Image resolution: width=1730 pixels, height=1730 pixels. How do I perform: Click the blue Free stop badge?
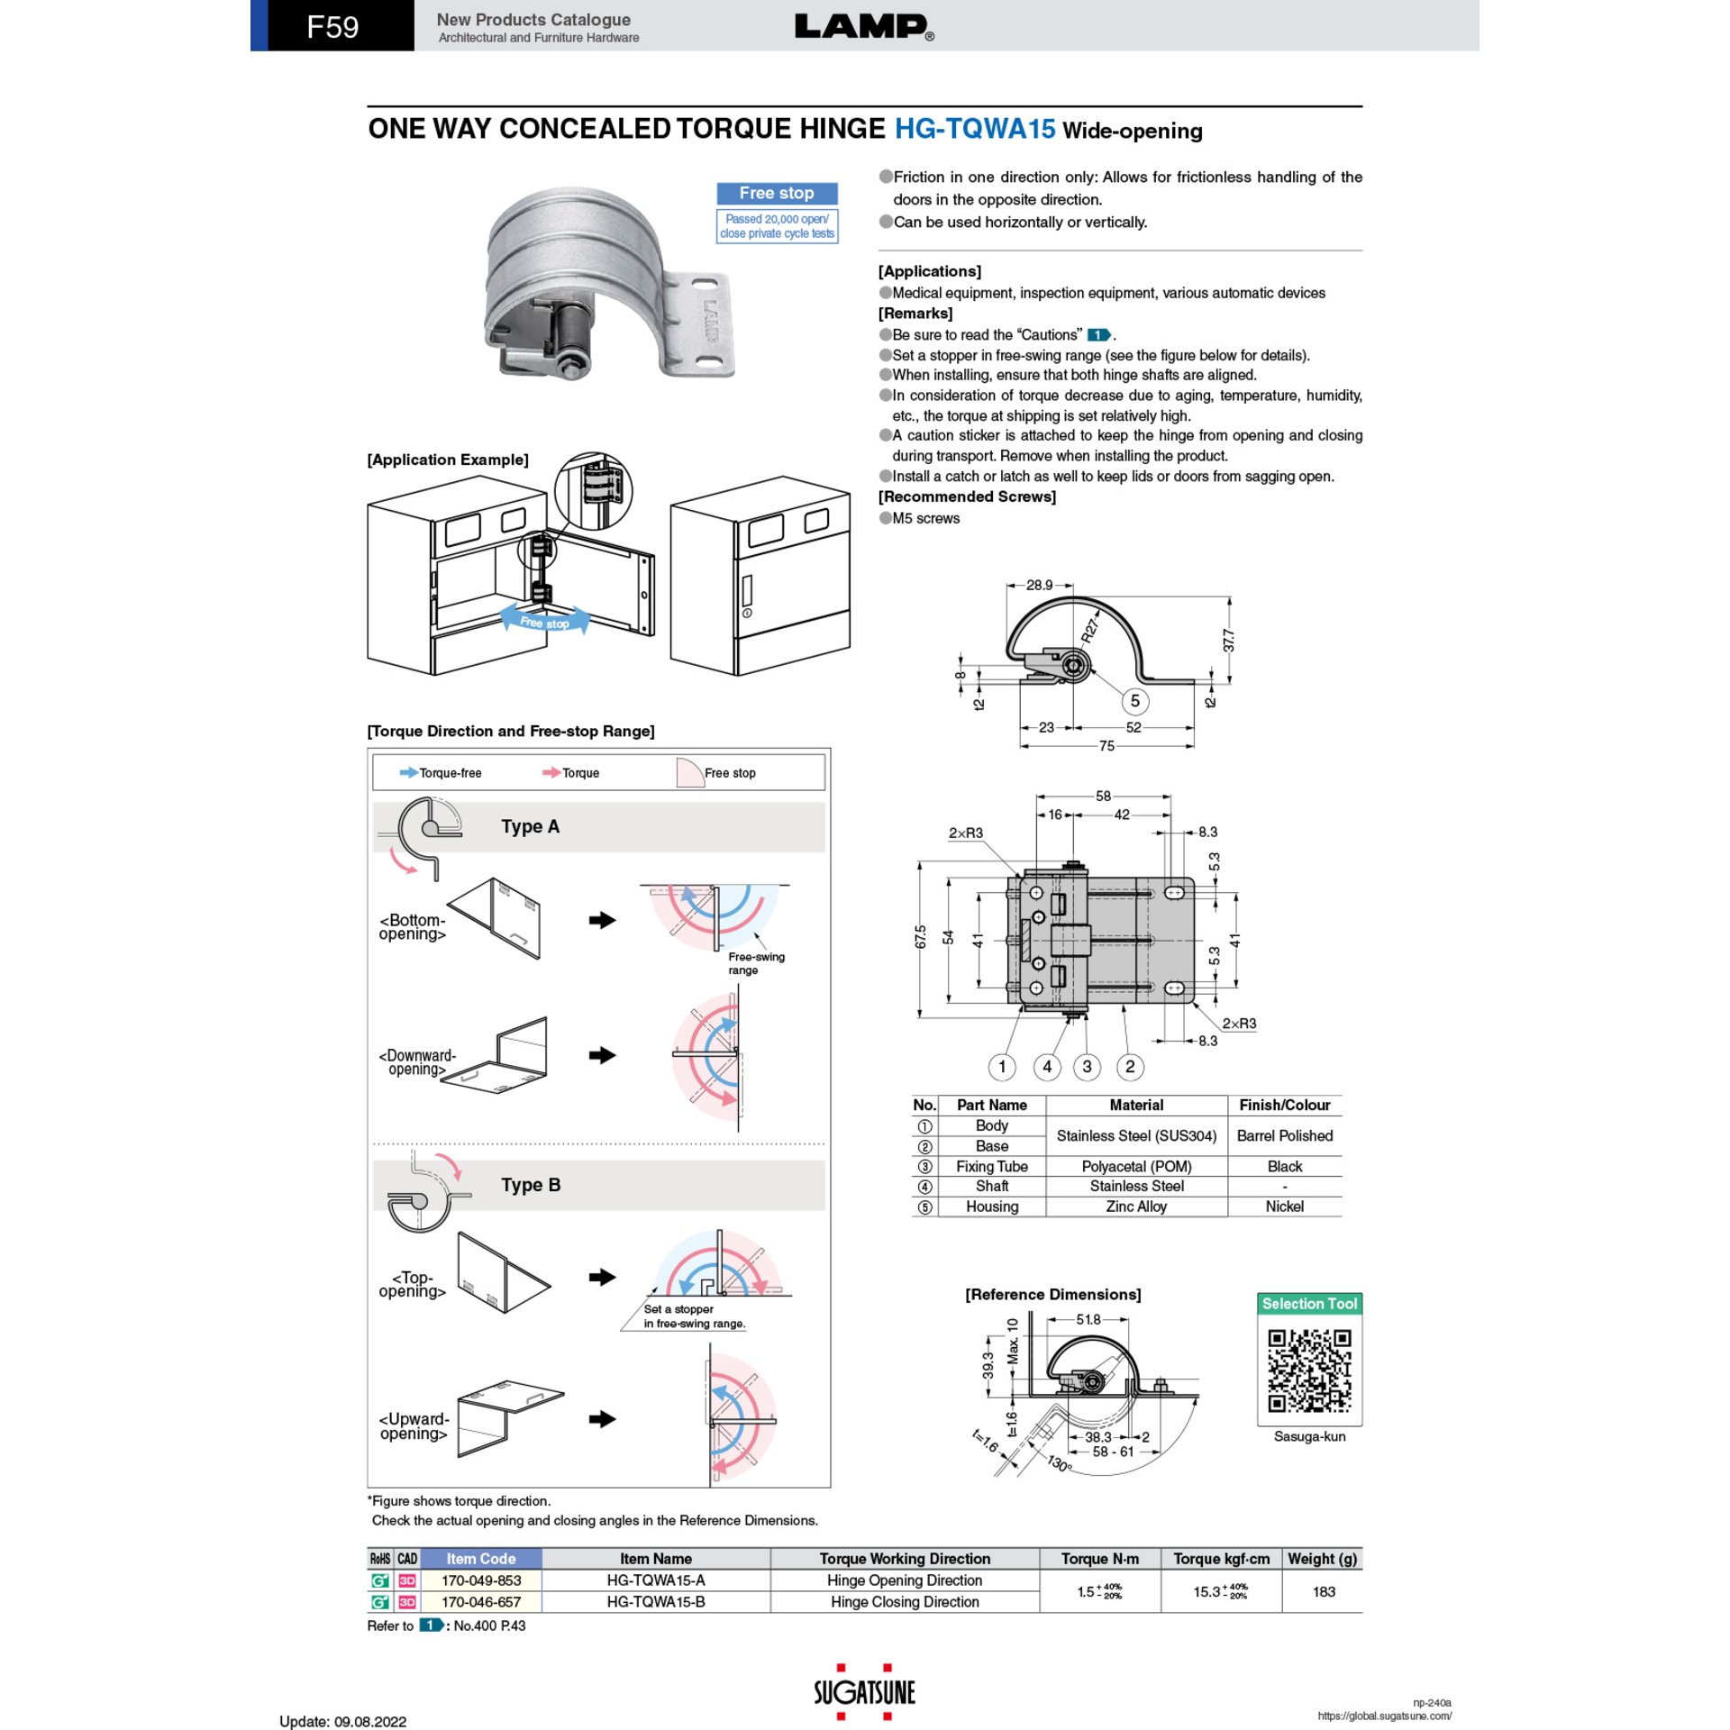[777, 193]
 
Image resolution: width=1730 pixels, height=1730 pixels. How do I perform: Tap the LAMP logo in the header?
[864, 27]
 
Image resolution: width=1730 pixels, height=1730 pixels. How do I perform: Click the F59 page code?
[332, 27]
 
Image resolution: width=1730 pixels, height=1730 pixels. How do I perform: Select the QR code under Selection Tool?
[1309, 1370]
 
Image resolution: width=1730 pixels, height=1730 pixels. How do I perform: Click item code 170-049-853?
[481, 1580]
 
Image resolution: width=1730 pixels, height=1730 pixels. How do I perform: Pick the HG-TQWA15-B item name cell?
[656, 1602]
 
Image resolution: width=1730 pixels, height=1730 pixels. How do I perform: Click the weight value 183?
[1324, 1591]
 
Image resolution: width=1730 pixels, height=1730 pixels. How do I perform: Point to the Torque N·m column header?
[1099, 1559]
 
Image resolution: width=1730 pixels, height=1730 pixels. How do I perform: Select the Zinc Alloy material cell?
[1136, 1206]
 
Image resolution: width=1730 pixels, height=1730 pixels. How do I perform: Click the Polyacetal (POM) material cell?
[1136, 1166]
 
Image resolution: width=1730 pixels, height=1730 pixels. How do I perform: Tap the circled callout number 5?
[1134, 701]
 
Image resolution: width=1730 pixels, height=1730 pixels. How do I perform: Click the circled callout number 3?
[1087, 1067]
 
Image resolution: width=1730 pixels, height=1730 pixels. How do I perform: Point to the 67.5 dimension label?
[920, 937]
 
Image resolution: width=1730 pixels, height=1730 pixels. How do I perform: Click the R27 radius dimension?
[1090, 629]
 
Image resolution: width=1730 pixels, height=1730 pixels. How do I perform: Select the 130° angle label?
[1060, 1463]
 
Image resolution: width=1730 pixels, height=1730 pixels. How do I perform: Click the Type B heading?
[531, 1185]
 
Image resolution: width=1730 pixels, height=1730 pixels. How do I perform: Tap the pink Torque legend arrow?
[551, 772]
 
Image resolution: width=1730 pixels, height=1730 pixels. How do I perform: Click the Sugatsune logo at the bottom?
[864, 1692]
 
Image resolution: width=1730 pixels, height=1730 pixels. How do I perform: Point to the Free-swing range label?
[756, 963]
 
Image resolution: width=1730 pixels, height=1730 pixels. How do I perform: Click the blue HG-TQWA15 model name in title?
[974, 129]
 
